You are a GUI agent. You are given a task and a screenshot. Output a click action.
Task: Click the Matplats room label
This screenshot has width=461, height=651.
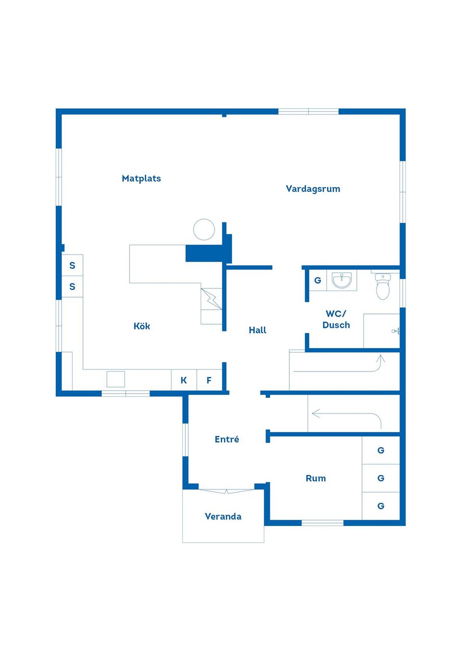pyautogui.click(x=141, y=178)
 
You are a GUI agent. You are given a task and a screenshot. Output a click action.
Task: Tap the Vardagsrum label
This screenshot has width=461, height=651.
pyautogui.click(x=313, y=189)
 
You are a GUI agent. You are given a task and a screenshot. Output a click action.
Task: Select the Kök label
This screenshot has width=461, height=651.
pyautogui.click(x=142, y=326)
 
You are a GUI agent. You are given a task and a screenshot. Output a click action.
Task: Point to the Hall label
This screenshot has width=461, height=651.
pyautogui.click(x=257, y=330)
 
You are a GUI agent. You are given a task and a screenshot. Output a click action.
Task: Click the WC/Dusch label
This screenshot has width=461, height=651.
pyautogui.click(x=336, y=319)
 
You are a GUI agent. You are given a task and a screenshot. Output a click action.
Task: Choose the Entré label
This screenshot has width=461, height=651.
pyautogui.click(x=227, y=439)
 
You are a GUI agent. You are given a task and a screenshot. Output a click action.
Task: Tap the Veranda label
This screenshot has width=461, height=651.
pyautogui.click(x=223, y=516)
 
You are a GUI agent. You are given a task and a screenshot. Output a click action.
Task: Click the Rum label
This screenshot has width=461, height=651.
pyautogui.click(x=315, y=478)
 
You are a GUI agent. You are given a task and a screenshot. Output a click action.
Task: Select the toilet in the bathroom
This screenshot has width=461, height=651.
pyautogui.click(x=383, y=286)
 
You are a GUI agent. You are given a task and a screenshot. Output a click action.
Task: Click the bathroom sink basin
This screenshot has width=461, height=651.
pyautogui.click(x=342, y=280)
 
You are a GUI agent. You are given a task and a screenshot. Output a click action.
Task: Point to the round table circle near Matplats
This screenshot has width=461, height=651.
pyautogui.click(x=204, y=230)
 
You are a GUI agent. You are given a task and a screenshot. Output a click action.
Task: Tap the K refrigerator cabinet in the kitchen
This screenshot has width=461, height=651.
pyautogui.click(x=183, y=380)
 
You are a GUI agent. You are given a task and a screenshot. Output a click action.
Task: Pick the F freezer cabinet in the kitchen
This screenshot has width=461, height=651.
pyautogui.click(x=209, y=380)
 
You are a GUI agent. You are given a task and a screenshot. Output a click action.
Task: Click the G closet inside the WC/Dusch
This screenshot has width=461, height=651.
pyautogui.click(x=317, y=280)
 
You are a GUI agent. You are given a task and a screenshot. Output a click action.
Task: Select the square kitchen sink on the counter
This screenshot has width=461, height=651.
pyautogui.click(x=116, y=379)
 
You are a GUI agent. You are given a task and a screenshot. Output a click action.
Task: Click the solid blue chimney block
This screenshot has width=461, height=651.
pyautogui.click(x=205, y=253)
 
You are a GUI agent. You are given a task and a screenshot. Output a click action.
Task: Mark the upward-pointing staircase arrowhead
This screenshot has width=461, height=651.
pyautogui.click(x=380, y=359)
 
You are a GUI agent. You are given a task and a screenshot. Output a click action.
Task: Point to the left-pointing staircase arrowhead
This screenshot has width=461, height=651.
pyautogui.click(x=316, y=413)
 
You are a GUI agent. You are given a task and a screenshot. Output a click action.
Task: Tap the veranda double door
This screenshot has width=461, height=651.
pyautogui.click(x=227, y=491)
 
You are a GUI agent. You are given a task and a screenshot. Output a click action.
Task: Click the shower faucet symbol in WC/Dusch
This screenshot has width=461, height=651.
pyautogui.click(x=396, y=331)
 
